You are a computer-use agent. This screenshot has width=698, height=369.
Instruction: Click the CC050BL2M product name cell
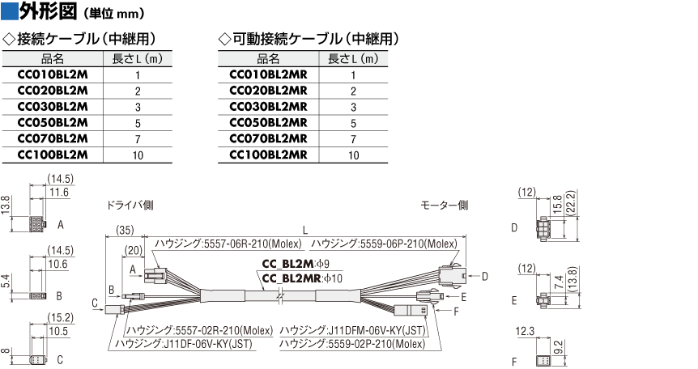[x=53, y=123]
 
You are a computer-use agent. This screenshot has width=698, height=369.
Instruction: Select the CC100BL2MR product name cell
[x=268, y=155]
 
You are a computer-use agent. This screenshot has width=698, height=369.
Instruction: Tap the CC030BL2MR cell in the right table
[x=268, y=107]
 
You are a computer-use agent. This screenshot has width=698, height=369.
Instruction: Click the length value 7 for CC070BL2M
[x=138, y=139]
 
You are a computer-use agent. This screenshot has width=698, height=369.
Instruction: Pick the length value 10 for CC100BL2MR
[x=353, y=155]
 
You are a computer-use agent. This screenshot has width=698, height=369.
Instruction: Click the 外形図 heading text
[x=48, y=11]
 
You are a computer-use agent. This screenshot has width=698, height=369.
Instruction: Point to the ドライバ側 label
[x=130, y=206]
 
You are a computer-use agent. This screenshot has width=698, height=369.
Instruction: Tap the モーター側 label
[x=445, y=206]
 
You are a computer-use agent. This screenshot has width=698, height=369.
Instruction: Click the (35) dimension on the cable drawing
[x=125, y=230]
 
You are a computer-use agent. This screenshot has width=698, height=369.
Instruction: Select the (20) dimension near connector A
[x=133, y=250]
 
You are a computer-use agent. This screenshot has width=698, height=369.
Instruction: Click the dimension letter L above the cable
[x=305, y=230]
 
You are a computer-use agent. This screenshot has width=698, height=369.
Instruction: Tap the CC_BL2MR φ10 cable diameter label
[x=302, y=278]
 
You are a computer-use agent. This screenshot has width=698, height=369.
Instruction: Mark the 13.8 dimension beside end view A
[x=6, y=205]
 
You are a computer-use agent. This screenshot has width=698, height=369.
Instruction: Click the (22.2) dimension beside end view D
[x=572, y=202]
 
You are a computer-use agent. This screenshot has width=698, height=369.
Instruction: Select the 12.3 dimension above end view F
[x=525, y=331]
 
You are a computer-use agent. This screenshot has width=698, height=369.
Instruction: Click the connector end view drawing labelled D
[x=545, y=228]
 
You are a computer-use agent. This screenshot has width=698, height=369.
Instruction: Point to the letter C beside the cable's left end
[x=95, y=303]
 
